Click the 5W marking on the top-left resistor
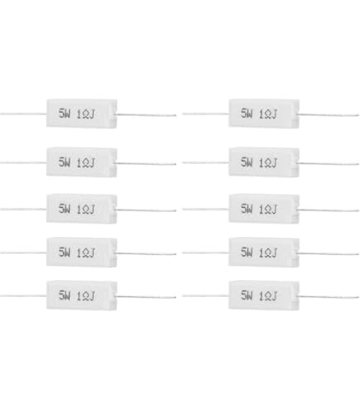click(x=65, y=113)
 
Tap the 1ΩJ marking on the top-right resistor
click(x=268, y=113)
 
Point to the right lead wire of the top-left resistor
click(x=146, y=114)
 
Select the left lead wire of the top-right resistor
click(x=205, y=113)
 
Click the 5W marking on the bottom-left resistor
click(x=65, y=295)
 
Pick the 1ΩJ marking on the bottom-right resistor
click(x=268, y=296)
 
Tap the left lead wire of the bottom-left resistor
click(x=23, y=296)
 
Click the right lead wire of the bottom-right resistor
click(x=329, y=297)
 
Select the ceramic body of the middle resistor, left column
click(x=82, y=209)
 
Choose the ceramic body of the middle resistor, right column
click(x=264, y=209)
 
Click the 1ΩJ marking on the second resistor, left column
click(x=85, y=163)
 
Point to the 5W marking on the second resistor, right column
click(x=247, y=162)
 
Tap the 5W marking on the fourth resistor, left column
click(x=65, y=252)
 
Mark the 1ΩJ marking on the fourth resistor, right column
click(x=268, y=253)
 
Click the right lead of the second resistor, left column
click(x=146, y=164)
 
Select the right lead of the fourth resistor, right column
click(x=329, y=253)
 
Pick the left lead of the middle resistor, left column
click(x=23, y=210)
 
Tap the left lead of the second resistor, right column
click(x=205, y=162)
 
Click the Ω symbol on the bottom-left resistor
click(x=85, y=297)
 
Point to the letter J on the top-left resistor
click(x=92, y=114)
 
